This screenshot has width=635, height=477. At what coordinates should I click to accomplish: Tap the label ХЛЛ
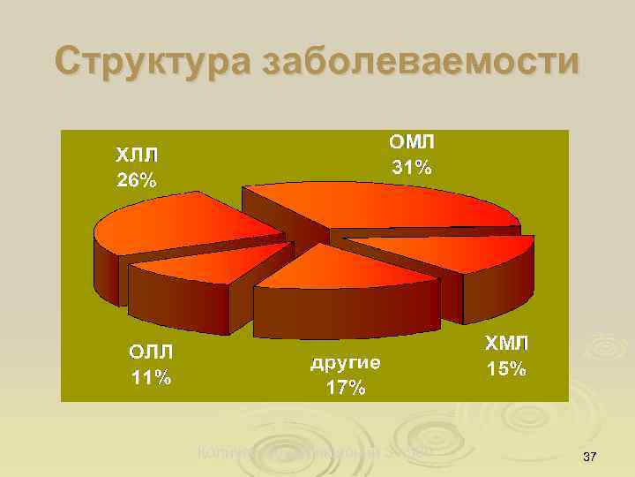(138, 155)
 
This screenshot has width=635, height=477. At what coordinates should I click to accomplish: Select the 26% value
(138, 181)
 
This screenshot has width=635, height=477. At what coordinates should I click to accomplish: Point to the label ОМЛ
(412, 141)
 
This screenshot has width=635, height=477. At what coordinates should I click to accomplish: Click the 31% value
(412, 167)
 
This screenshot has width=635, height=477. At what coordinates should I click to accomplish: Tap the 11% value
(151, 378)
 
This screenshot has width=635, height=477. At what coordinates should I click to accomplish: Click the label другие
(346, 362)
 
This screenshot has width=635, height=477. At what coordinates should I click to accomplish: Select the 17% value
(345, 388)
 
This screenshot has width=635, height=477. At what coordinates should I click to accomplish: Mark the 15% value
(506, 369)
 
